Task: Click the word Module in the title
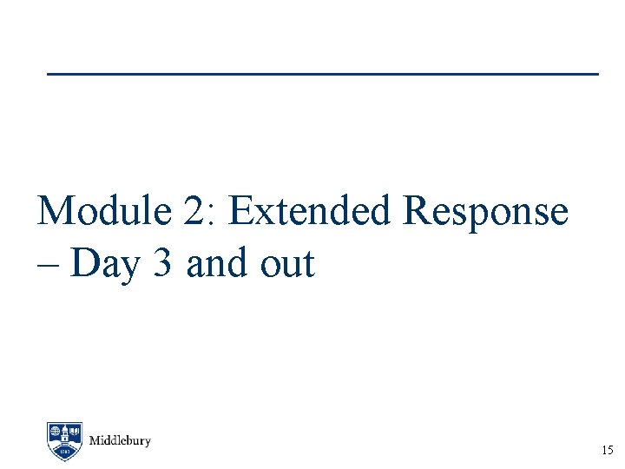coord(104,211)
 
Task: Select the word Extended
coord(312,211)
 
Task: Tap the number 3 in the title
coord(161,262)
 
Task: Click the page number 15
coord(607,451)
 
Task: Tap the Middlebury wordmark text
coord(120,440)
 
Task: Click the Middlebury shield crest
coord(65,440)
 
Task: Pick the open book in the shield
coord(76,431)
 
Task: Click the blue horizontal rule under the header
coord(322,74)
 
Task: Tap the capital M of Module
coord(57,211)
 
